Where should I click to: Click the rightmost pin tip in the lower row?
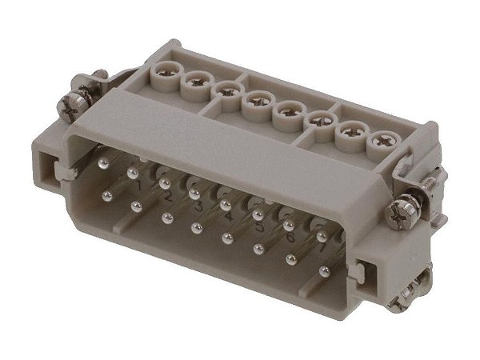(323, 270)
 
